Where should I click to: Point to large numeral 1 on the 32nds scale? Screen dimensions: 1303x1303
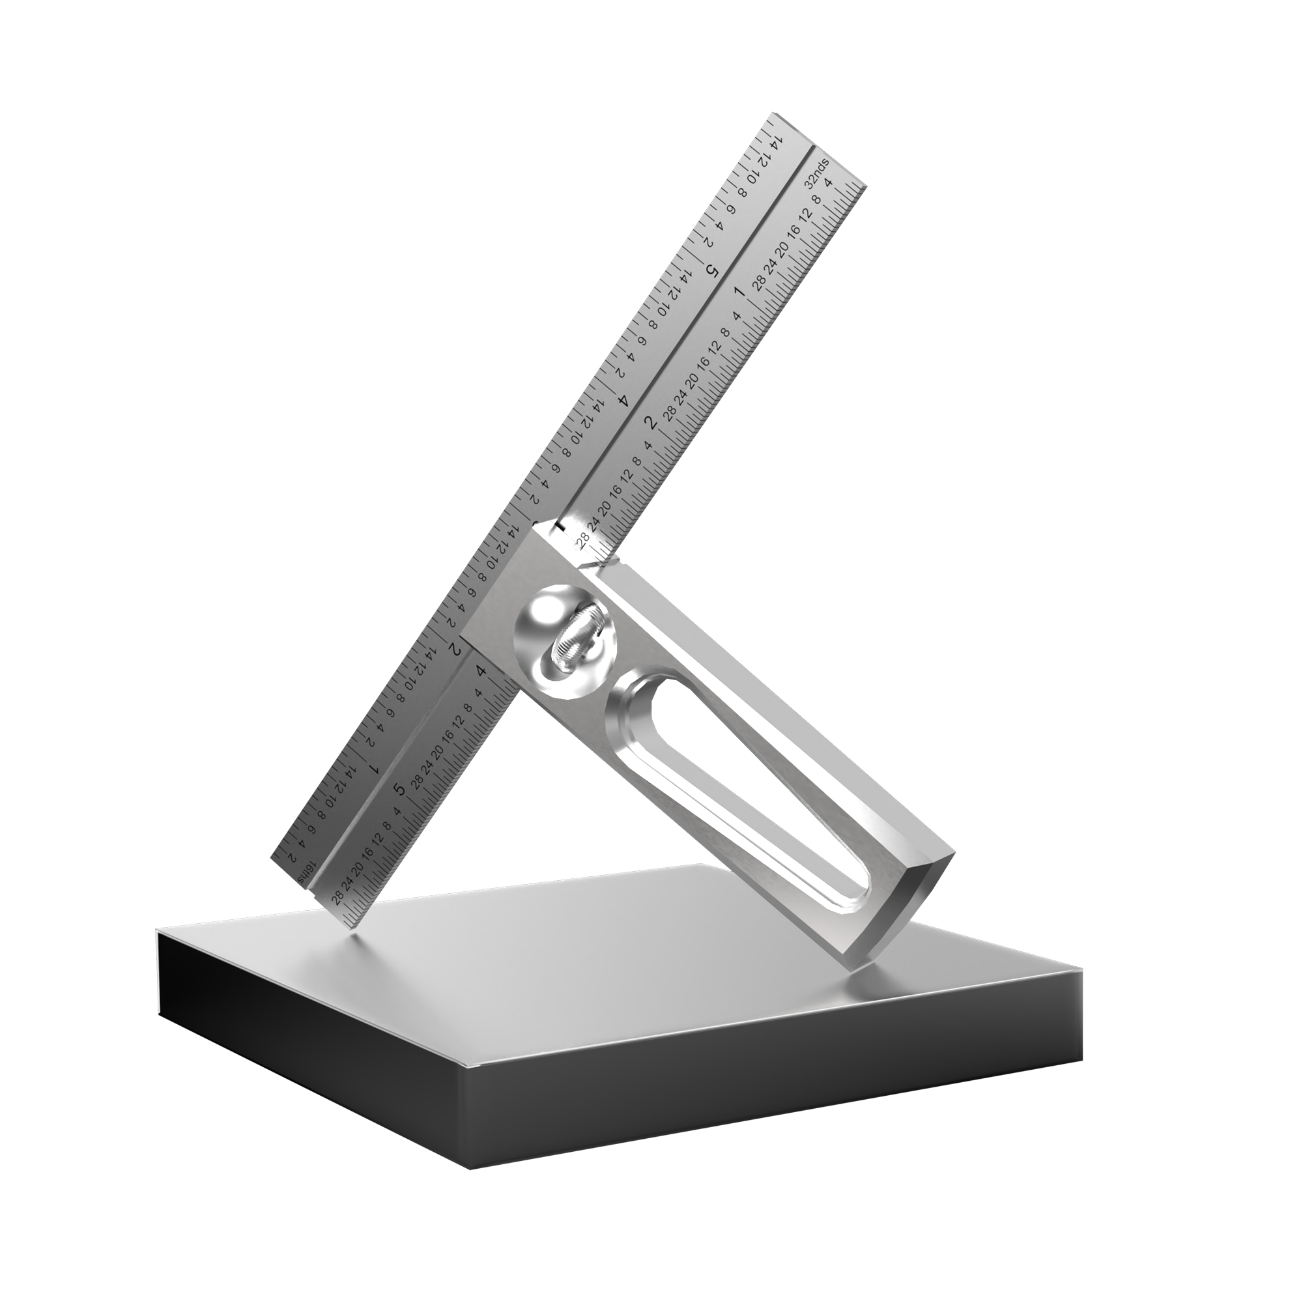coord(739,292)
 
